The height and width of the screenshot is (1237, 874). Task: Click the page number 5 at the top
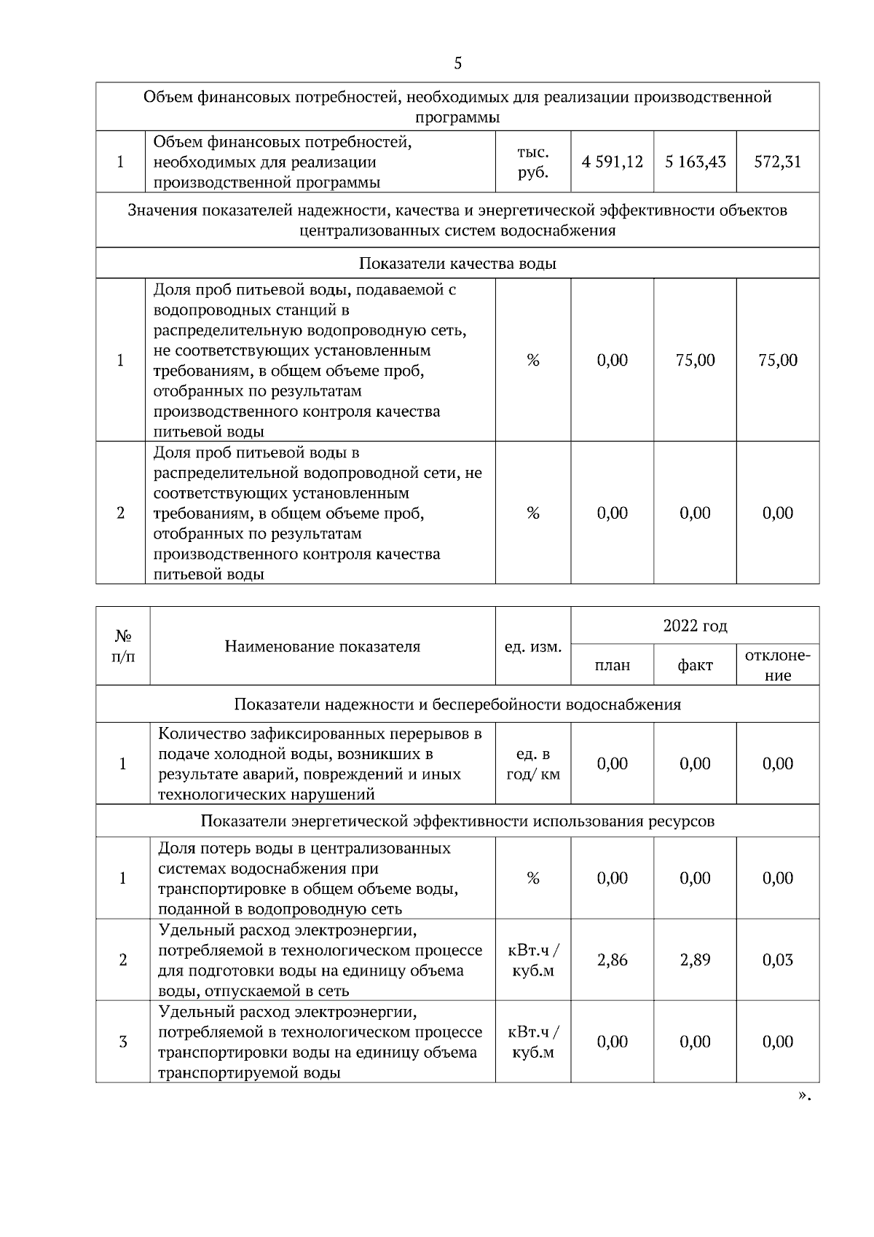(x=457, y=63)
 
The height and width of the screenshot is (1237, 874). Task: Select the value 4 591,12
(x=612, y=162)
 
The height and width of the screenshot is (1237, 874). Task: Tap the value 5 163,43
(x=695, y=162)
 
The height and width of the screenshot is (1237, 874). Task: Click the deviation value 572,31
(x=777, y=162)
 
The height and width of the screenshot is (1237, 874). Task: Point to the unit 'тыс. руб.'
(x=532, y=162)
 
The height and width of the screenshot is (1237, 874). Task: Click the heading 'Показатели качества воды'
(x=457, y=264)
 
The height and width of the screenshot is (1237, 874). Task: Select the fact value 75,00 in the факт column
(x=695, y=360)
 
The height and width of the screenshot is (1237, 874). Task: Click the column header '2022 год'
(x=695, y=626)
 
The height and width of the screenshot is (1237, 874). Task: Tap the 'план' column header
(x=612, y=665)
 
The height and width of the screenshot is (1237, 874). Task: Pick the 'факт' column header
(x=695, y=665)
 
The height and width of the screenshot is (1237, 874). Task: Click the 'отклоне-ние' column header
(x=777, y=664)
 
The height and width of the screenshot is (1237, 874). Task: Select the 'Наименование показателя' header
(x=322, y=646)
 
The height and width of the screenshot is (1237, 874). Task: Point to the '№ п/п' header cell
(x=122, y=646)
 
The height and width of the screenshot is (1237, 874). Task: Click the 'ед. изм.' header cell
(x=532, y=647)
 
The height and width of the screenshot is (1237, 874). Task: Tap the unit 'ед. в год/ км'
(x=532, y=763)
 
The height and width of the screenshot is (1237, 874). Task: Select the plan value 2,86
(x=612, y=960)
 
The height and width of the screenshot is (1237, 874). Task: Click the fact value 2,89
(x=695, y=960)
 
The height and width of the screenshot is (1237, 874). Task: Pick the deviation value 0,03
(x=777, y=960)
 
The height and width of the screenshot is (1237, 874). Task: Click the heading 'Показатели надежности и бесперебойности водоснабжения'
(x=457, y=704)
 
